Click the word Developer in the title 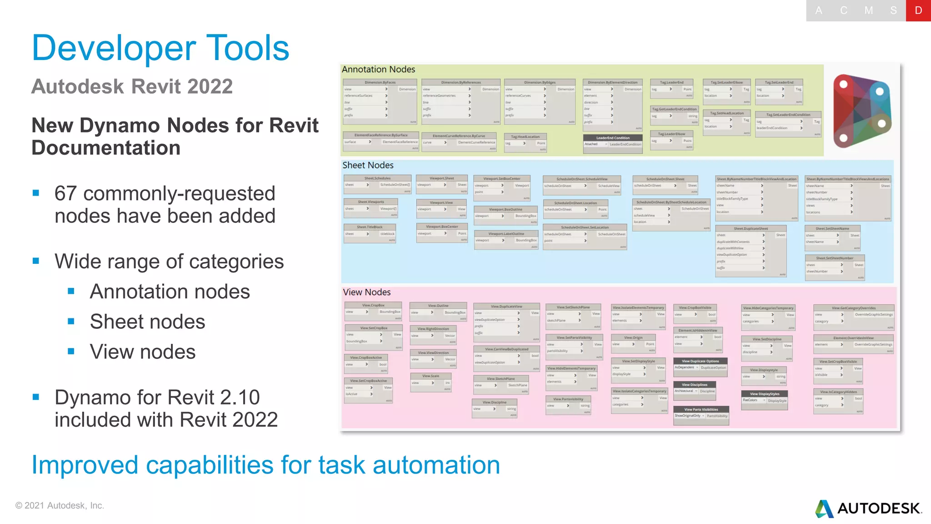pos(114,48)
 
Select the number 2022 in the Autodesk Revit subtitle pos(210,86)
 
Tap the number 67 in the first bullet pos(65,194)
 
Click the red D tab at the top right pos(918,10)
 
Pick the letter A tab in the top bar pos(818,10)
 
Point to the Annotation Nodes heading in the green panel pos(378,70)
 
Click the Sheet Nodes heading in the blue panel pos(368,166)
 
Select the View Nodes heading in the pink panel pos(366,292)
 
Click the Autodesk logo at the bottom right pos(868,509)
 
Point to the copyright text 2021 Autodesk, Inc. pos(60,506)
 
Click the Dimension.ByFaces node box pos(380,101)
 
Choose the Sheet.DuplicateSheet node pos(751,250)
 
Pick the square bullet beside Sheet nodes pos(71,322)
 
